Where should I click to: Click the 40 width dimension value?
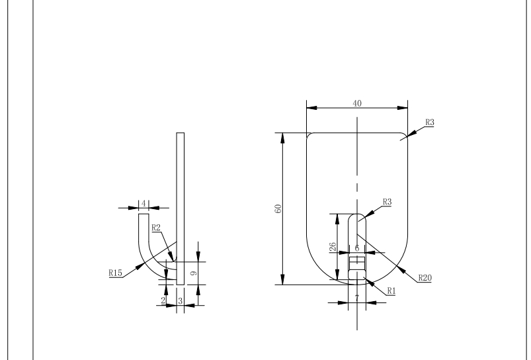[x=357, y=103]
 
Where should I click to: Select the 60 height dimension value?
[x=279, y=208]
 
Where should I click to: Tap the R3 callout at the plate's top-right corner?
[x=429, y=123]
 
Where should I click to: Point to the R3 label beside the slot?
[x=386, y=202]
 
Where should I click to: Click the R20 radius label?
[x=424, y=278]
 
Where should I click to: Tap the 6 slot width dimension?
[x=357, y=248]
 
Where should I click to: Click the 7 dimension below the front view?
[x=357, y=299]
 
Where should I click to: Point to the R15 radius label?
[x=116, y=271]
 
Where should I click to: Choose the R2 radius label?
[x=156, y=228]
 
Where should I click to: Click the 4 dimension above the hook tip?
[x=142, y=203]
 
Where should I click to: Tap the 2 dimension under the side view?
[x=163, y=300]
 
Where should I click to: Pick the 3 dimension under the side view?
[x=181, y=300]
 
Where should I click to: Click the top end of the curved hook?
[x=143, y=214]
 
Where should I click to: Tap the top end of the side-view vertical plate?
[x=181, y=134]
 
